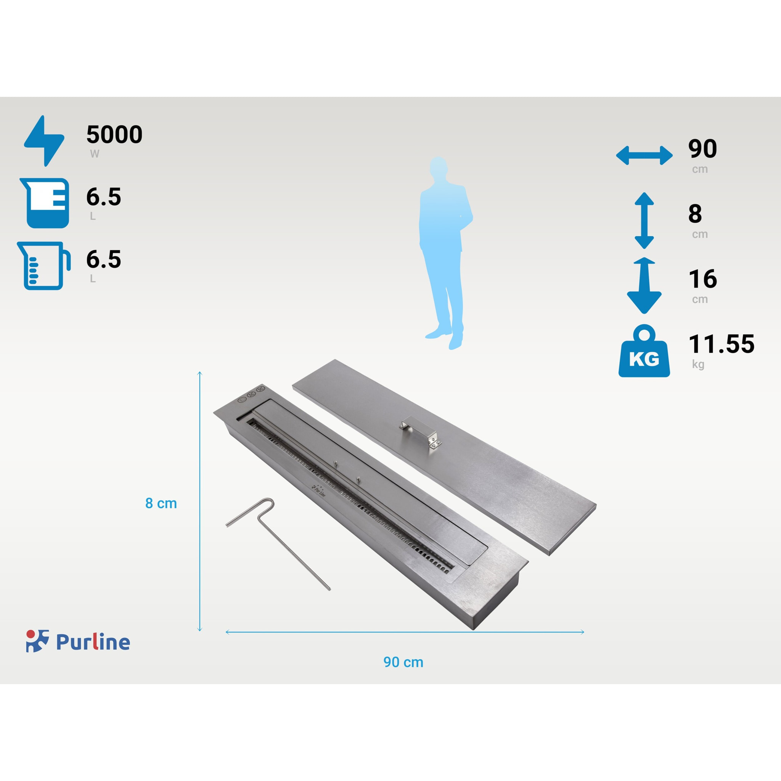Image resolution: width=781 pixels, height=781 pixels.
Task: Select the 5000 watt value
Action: [114, 134]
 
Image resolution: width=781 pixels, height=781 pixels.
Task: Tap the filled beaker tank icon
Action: [45, 203]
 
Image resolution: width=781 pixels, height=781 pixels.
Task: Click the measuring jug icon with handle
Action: [43, 265]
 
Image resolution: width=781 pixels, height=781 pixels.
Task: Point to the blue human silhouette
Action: [447, 253]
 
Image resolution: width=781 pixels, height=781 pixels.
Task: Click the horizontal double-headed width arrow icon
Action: [644, 156]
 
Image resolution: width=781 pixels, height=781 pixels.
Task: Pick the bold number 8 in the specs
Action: [695, 214]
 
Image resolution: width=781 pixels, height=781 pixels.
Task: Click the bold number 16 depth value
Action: [702, 278]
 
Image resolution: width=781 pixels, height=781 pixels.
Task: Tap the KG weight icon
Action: [644, 351]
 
